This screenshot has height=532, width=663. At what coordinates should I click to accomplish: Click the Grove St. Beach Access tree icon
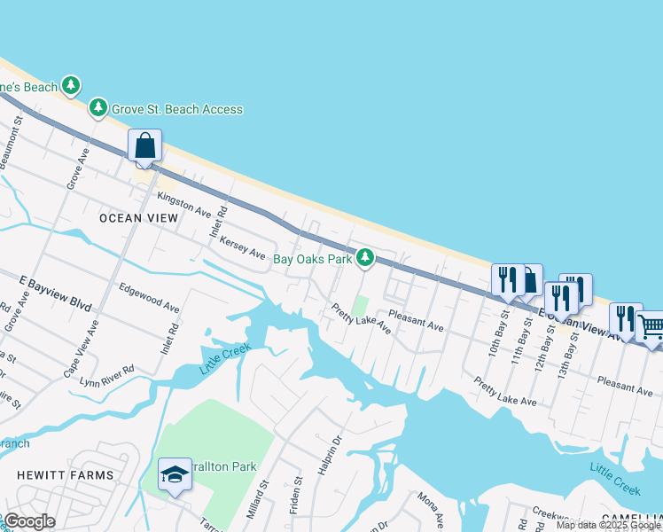pyautogui.click(x=97, y=109)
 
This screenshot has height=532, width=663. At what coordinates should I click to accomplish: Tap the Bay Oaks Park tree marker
pyautogui.click(x=364, y=258)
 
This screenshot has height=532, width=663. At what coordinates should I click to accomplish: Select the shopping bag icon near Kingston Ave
pyautogui.click(x=145, y=145)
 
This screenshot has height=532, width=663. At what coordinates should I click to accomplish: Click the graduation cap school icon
pyautogui.click(x=175, y=476)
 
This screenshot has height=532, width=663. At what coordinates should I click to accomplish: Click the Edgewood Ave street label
pyautogui.click(x=149, y=297)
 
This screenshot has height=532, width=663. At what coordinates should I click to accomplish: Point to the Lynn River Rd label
pyautogui.click(x=106, y=375)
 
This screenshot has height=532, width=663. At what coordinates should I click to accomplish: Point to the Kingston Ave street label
pyautogui.click(x=184, y=205)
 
